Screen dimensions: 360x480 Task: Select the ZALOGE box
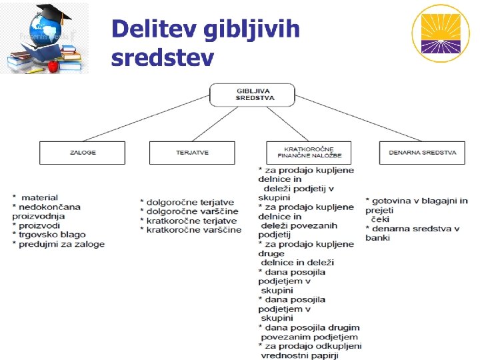(x=83, y=153)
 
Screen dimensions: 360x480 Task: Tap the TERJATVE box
(x=192, y=153)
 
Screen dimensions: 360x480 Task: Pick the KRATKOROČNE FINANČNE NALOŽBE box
(x=308, y=153)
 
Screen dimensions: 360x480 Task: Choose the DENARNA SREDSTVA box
(x=422, y=153)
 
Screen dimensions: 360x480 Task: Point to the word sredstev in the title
(x=163, y=58)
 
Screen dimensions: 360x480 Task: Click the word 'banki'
(x=377, y=238)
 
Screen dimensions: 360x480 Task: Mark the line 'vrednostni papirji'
(x=300, y=355)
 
